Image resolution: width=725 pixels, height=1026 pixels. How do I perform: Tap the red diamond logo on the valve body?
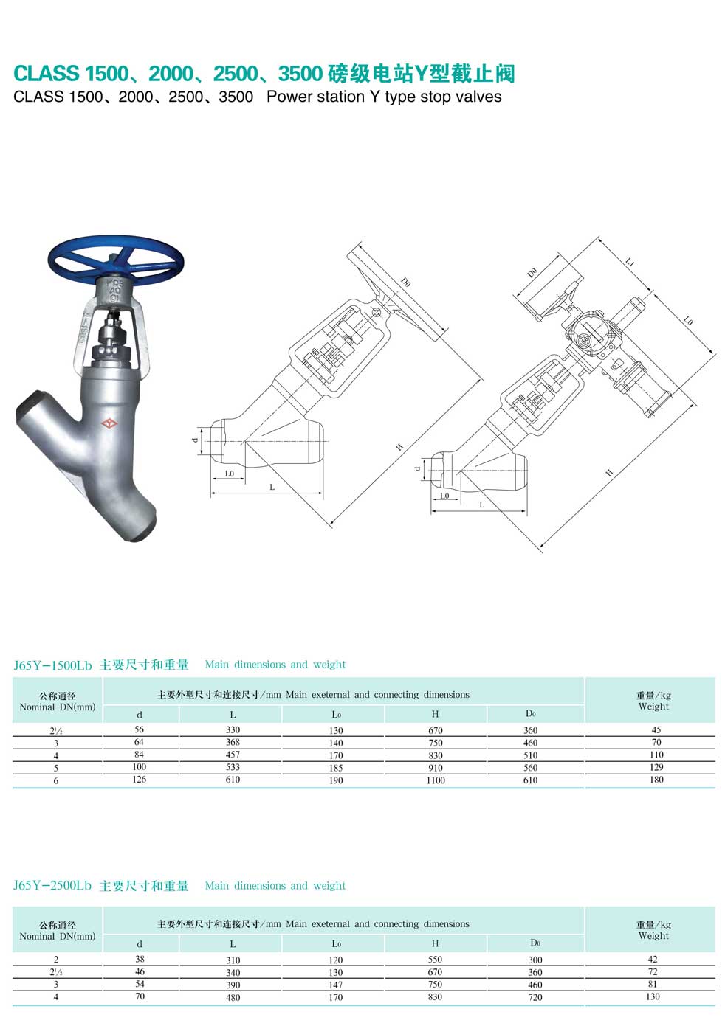pos(109,423)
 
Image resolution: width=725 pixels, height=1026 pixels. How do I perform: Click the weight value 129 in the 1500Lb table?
pos(656,767)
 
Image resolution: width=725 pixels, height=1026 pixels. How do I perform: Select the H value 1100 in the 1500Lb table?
pos(435,780)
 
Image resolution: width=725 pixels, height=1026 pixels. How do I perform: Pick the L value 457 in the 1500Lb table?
pos(233,755)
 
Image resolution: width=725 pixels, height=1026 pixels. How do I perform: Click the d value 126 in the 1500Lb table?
pos(139,779)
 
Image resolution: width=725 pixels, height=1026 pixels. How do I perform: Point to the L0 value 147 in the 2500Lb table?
pos(336,985)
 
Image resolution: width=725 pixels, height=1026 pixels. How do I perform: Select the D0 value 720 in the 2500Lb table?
pos(535,997)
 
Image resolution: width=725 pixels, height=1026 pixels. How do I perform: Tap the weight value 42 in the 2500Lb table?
pos(653,959)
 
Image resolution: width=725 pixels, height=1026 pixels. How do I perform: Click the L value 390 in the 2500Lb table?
pos(233,985)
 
